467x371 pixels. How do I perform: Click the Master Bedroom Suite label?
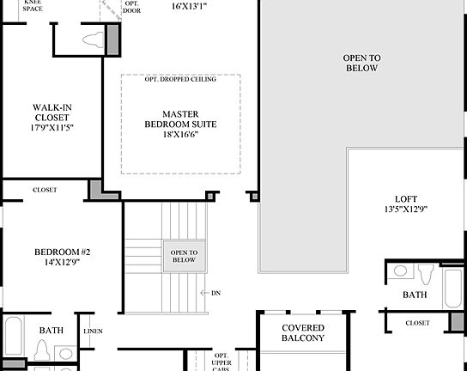(x=179, y=119)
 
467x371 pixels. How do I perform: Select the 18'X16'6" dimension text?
(x=179, y=134)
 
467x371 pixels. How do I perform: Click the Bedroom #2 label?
(x=62, y=252)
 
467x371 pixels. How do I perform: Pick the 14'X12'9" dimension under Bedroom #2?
(x=62, y=263)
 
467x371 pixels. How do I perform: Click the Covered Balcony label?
(x=303, y=333)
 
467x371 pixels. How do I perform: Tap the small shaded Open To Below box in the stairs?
(x=184, y=256)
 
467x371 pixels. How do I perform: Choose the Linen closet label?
(x=93, y=331)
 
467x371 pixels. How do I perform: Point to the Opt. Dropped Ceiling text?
(x=180, y=79)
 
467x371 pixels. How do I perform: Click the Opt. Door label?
(x=131, y=9)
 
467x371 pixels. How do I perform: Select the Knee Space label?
(x=33, y=5)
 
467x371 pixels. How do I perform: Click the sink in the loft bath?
(x=401, y=271)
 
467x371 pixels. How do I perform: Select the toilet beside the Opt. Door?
(x=92, y=39)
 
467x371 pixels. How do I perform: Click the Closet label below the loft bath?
(x=417, y=323)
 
